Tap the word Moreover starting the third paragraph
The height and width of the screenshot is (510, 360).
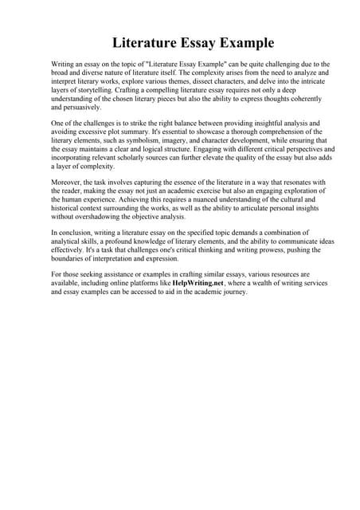pyautogui.click(x=67, y=183)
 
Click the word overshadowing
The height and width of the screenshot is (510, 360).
pyautogui.click(x=105, y=216)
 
